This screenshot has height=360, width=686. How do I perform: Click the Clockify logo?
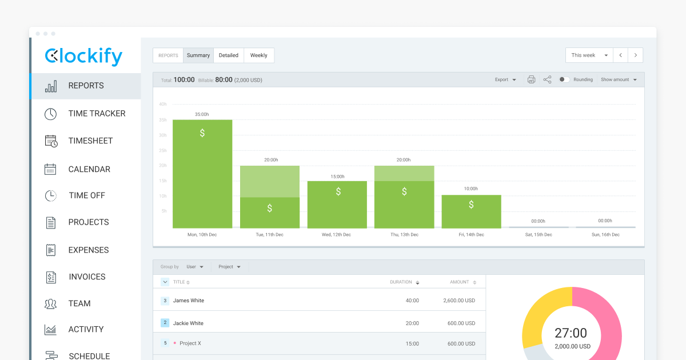coord(83,56)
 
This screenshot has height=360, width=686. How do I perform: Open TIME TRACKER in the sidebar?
coord(97,113)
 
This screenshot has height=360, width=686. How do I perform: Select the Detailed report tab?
coord(229,55)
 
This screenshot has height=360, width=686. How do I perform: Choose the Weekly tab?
coord(258,55)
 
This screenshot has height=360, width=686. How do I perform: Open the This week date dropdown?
coord(589,55)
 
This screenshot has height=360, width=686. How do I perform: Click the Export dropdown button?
coord(505,80)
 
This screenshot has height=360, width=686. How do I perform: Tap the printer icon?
coord(531,80)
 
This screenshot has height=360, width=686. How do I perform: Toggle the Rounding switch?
coord(564,80)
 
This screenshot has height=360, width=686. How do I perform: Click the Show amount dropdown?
coord(619,80)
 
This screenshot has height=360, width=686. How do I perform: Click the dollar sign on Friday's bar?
coord(471,205)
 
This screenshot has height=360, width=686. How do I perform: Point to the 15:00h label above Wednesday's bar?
coord(337,177)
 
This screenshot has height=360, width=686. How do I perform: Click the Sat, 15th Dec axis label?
coord(538,235)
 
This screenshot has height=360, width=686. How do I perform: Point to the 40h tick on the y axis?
coord(162,104)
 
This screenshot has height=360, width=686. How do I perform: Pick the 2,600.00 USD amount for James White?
coord(459,301)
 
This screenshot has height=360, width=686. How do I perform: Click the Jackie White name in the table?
coord(188,323)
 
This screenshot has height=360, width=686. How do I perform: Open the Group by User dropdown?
coord(195,267)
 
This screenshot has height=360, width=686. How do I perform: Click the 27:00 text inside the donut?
coord(571,333)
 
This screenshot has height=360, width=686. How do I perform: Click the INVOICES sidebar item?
coord(87,277)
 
